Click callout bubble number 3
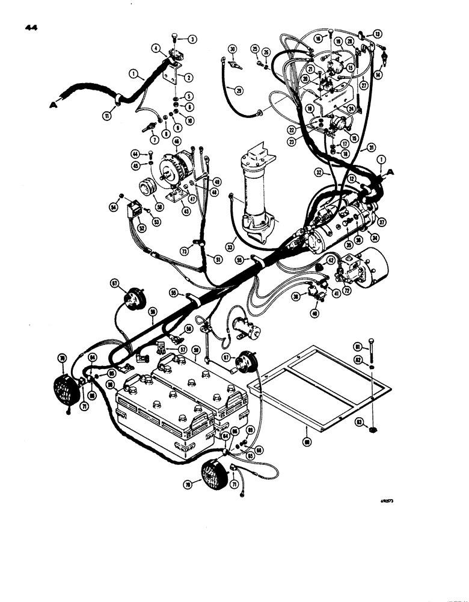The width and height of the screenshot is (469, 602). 192,40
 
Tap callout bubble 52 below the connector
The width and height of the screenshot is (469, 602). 142,228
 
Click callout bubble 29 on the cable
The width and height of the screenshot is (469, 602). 239,91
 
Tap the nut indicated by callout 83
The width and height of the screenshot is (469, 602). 373,430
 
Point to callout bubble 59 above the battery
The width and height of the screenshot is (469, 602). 195,349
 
